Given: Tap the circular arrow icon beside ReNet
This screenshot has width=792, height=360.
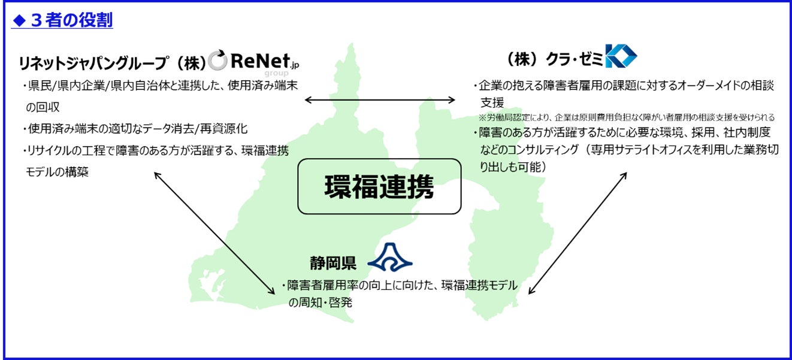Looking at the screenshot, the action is tap(217, 60).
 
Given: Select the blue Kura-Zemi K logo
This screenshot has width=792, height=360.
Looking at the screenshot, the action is tap(621, 57).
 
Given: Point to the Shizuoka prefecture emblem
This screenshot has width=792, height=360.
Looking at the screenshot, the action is tap(389, 258).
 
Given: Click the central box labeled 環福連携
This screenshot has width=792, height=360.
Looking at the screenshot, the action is tap(379, 186).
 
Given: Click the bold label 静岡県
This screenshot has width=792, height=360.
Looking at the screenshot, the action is tap(332, 262).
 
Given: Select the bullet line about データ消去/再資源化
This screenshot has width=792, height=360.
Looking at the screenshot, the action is tap(137, 129).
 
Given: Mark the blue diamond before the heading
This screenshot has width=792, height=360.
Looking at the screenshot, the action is tap(19, 21).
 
